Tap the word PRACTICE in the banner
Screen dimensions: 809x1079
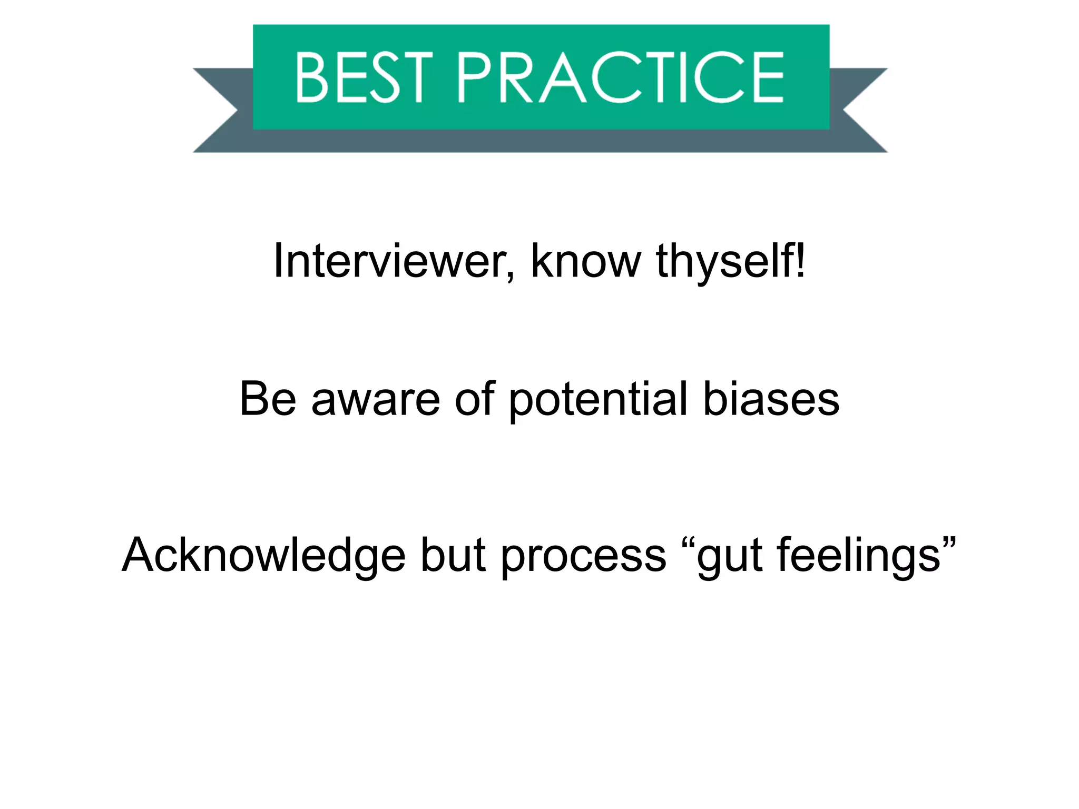pyautogui.click(x=621, y=77)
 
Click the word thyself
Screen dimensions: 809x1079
pyautogui.click(x=724, y=262)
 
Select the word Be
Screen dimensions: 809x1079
pyautogui.click(x=268, y=399)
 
